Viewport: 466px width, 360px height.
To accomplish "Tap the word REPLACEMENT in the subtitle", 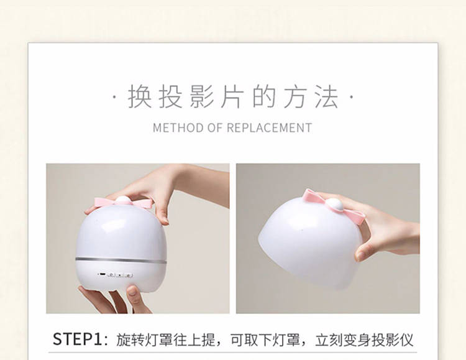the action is (x=269, y=128).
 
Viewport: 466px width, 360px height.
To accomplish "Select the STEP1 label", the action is (x=77, y=339).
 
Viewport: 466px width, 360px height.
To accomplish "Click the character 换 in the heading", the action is (x=140, y=96).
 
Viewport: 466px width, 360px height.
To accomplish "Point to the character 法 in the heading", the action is (x=327, y=96).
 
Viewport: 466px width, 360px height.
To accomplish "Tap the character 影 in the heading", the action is (x=202, y=96).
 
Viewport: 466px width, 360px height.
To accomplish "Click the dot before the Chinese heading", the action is (x=115, y=96).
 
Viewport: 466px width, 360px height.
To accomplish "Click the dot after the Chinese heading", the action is (x=351, y=96).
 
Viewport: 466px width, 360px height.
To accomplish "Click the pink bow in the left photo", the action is (x=124, y=203).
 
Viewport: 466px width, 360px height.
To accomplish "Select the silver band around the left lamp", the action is (x=121, y=260).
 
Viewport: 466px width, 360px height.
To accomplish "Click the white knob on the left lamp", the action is (x=123, y=201).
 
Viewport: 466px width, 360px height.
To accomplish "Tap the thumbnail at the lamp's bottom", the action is (x=133, y=291).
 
